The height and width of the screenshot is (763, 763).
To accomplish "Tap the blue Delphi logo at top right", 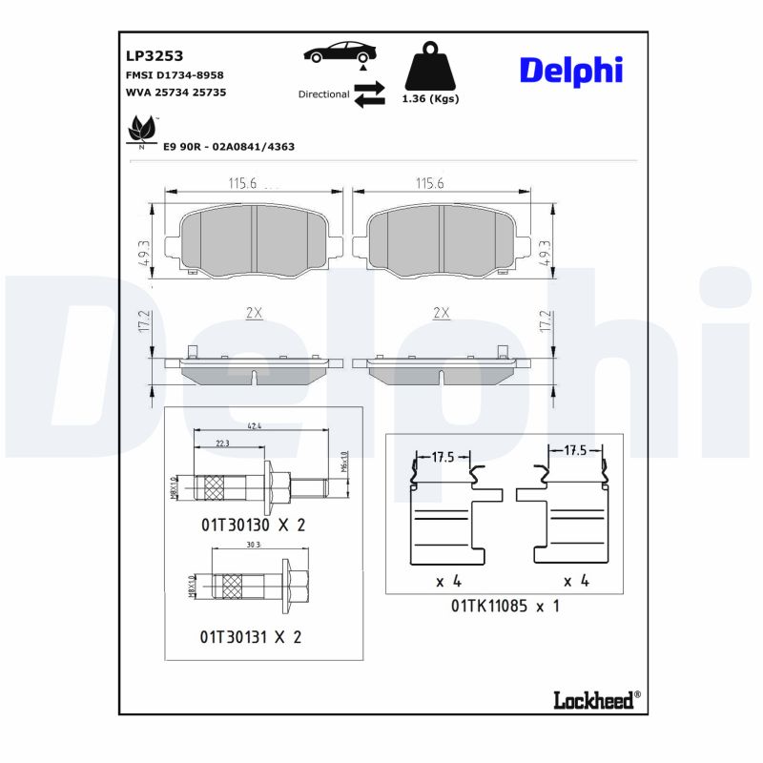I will coord(570,70).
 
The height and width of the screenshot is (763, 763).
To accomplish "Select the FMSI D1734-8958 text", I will coord(175,74).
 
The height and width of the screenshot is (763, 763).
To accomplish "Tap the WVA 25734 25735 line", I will coord(175,93).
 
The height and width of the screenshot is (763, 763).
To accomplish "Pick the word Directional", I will coord(323,94).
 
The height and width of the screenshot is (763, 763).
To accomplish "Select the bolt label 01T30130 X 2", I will coord(252,525).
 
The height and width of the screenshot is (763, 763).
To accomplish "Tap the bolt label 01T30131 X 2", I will coord(251,636).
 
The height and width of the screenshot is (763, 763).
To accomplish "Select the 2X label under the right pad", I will coord(441,313).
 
